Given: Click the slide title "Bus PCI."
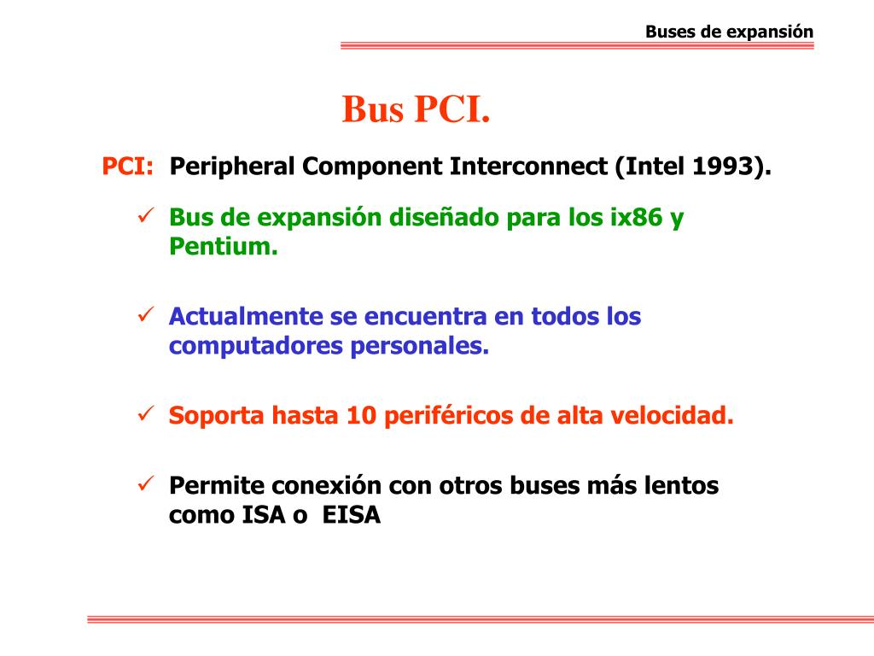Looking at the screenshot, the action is (416, 108).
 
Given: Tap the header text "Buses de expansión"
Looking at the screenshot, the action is (729, 32).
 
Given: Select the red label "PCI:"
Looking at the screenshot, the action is (127, 167).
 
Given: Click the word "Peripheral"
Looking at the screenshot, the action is (232, 167).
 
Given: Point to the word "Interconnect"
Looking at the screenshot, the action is (528, 167).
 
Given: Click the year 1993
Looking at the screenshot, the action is (722, 167).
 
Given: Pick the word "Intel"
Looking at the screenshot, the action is (655, 167).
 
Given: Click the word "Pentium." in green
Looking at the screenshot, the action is (224, 246).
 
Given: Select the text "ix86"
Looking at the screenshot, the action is (636, 217).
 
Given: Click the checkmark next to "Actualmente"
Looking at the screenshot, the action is (145, 314).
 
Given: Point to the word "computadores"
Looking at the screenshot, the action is (256, 347).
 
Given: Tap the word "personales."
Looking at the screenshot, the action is (420, 347).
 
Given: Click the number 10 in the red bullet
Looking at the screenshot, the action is (361, 416).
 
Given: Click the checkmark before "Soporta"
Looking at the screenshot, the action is (145, 413).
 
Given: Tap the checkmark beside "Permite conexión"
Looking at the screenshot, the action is (145, 483).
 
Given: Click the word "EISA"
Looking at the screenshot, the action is (351, 515).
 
